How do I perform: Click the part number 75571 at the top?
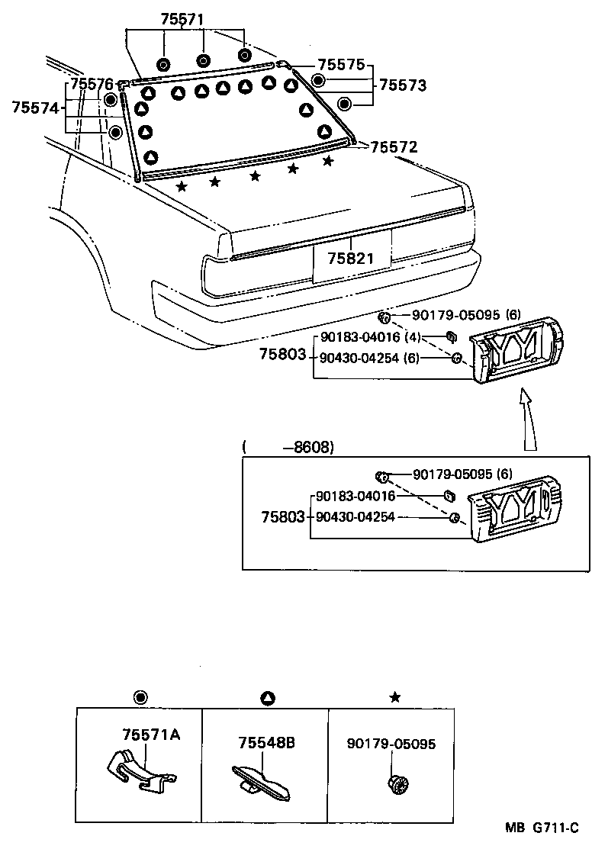point(183,21)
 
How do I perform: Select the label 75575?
point(341,66)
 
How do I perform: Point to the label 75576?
point(92,83)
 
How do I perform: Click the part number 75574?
point(35,108)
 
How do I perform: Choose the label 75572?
point(394,146)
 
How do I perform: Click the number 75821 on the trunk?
point(351,258)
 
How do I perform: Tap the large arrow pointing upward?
point(526,420)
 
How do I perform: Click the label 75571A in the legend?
point(150,735)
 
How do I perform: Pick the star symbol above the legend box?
point(394,697)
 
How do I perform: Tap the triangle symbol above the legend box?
point(268,697)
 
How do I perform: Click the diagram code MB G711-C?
point(541,828)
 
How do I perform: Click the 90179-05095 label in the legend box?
point(391,744)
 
